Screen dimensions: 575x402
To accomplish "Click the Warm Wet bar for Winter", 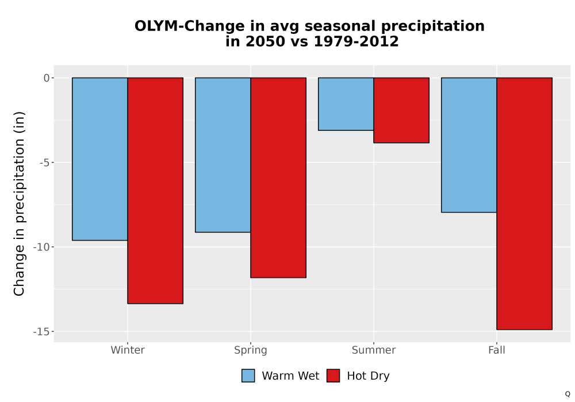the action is coord(99,159).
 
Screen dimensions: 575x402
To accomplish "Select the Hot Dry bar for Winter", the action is coord(155,191).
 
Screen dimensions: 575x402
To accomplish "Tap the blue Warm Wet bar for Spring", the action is coord(223,155).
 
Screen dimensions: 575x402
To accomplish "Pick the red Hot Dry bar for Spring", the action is coord(278,177).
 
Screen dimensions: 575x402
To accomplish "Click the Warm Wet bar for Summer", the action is coord(346,104).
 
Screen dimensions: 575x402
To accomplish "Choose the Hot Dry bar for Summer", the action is coord(401,110).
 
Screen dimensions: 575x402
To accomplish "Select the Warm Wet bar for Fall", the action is coord(469,145).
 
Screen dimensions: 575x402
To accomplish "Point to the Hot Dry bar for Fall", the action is coord(524,203).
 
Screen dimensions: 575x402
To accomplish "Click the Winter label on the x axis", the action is coord(128,350).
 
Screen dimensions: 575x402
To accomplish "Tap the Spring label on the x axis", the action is coord(251,350).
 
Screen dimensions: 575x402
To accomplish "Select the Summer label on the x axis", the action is coord(374,350).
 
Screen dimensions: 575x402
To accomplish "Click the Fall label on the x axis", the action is coord(497,350).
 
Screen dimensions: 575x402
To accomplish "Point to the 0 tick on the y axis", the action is coord(47,78).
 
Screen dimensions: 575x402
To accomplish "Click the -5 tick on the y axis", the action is coord(44,163).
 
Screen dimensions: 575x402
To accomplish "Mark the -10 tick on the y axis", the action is coord(41,247).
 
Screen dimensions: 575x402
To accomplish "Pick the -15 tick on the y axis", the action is coord(41,332).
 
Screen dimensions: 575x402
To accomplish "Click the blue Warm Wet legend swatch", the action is coord(248,376).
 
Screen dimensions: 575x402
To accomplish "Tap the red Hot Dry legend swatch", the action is coord(333,376).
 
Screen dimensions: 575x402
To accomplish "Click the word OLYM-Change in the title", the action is coord(190,26).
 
